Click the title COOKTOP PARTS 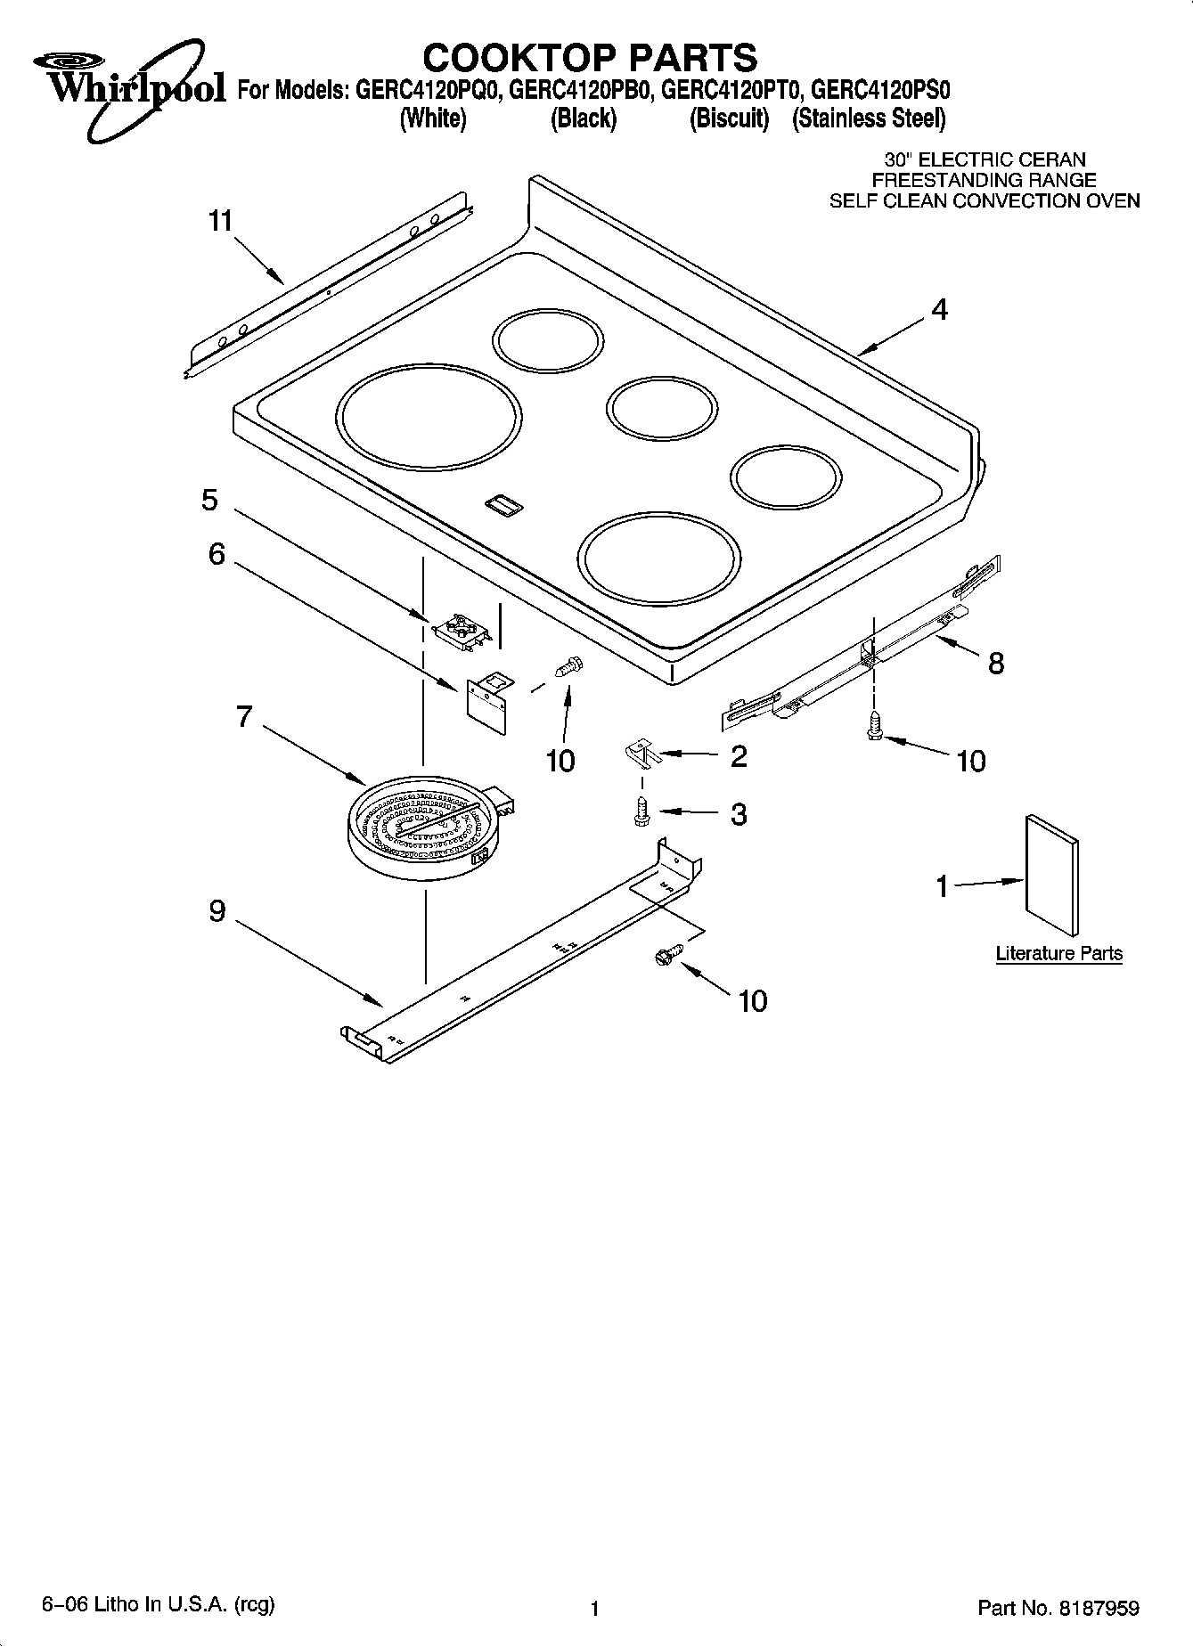[590, 58]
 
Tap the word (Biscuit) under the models [729, 118]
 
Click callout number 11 [220, 221]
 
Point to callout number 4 [939, 310]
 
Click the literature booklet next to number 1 [1051, 876]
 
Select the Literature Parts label [1058, 953]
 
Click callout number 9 [217, 911]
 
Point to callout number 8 [995, 663]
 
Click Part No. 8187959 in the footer [1058, 1608]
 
